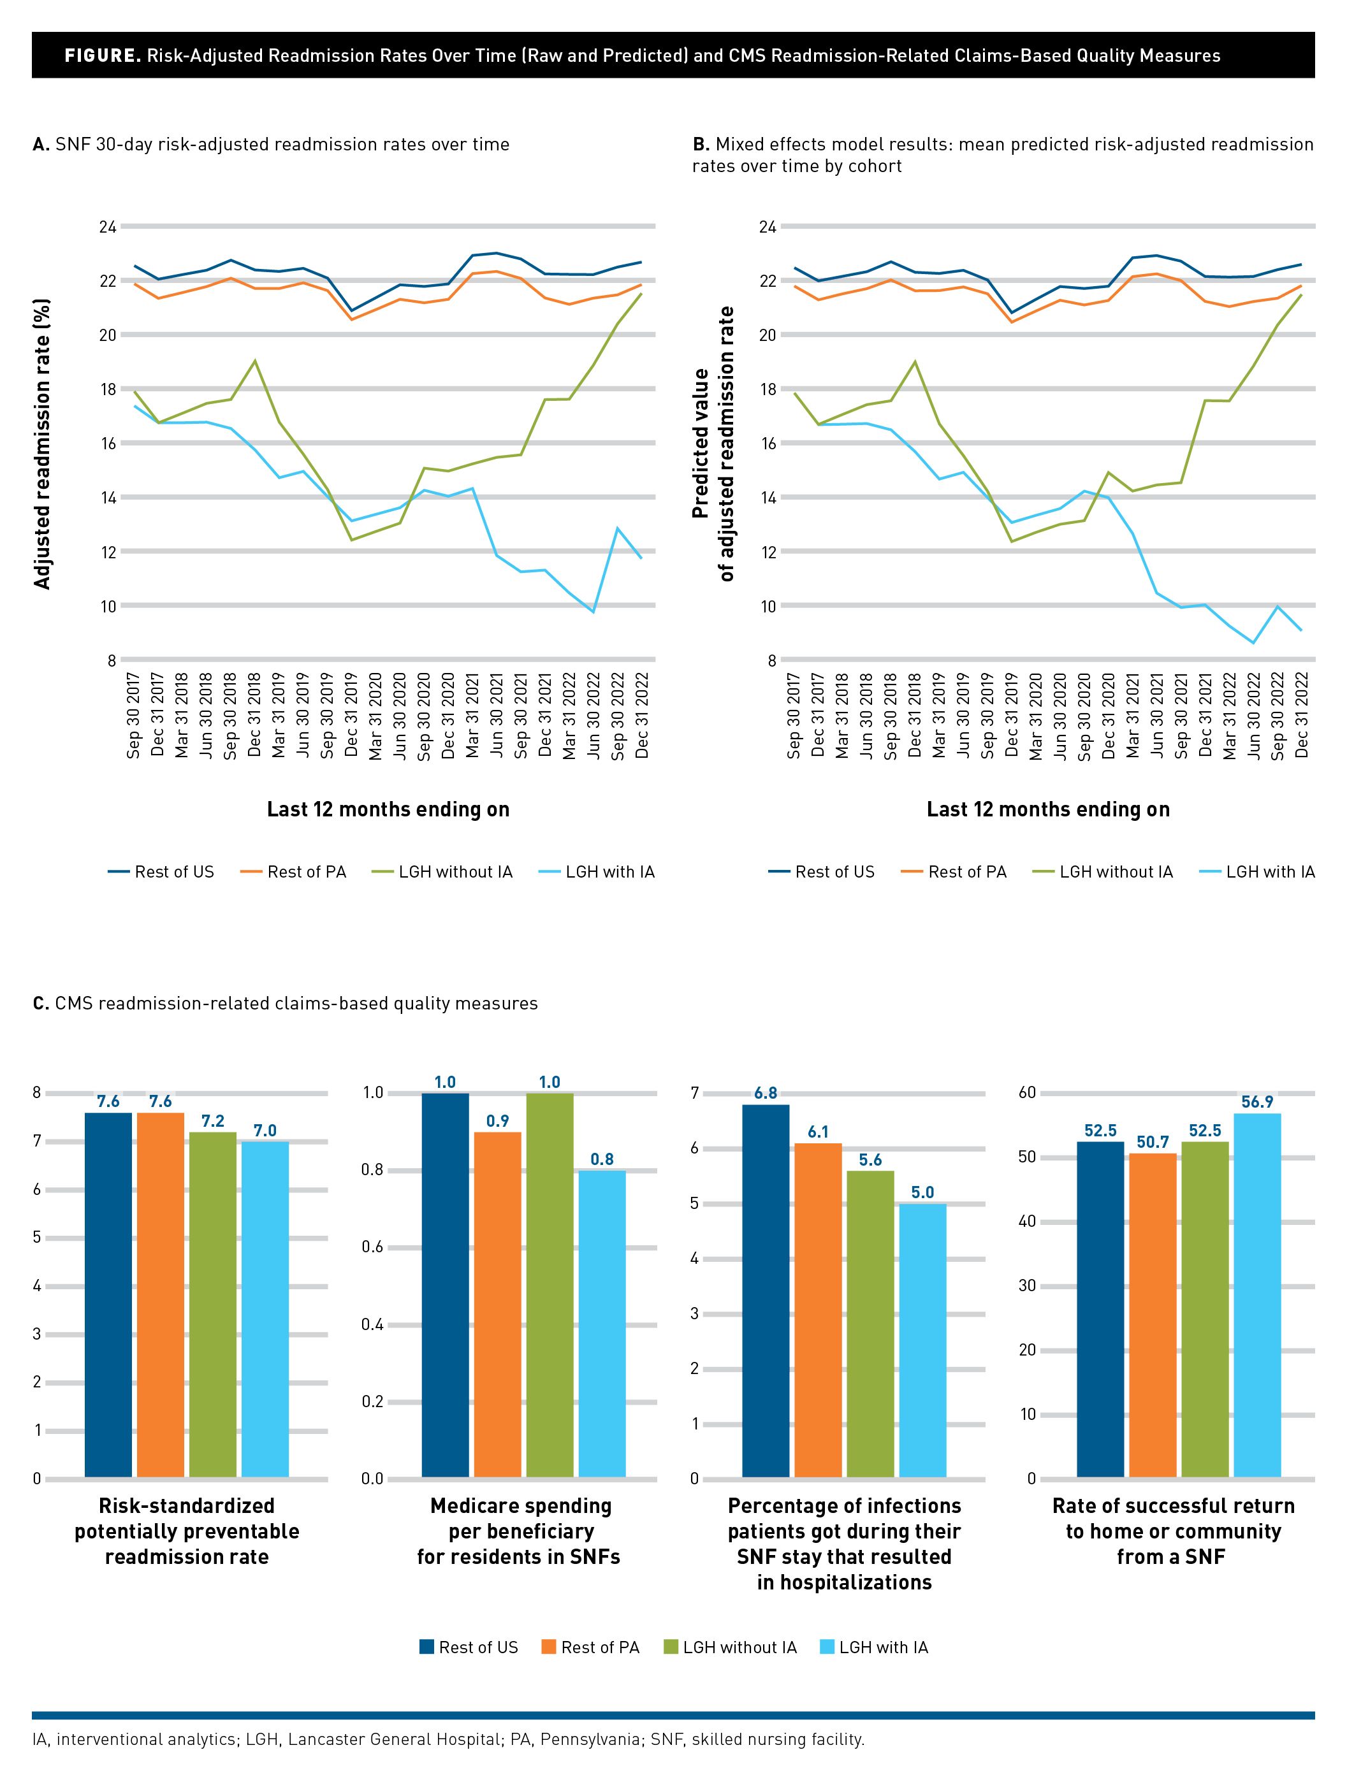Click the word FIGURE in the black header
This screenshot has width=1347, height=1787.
click(103, 55)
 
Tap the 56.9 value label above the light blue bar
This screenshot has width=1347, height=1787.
click(1257, 1102)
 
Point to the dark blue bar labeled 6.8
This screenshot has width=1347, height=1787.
click(765, 1292)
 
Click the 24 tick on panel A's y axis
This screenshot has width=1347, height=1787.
click(108, 227)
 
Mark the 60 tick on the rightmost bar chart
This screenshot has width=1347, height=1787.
click(1026, 1092)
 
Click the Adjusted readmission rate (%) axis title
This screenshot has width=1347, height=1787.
click(43, 444)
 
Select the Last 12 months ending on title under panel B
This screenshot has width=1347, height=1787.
click(1048, 809)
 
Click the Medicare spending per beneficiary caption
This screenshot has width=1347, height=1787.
click(520, 1531)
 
